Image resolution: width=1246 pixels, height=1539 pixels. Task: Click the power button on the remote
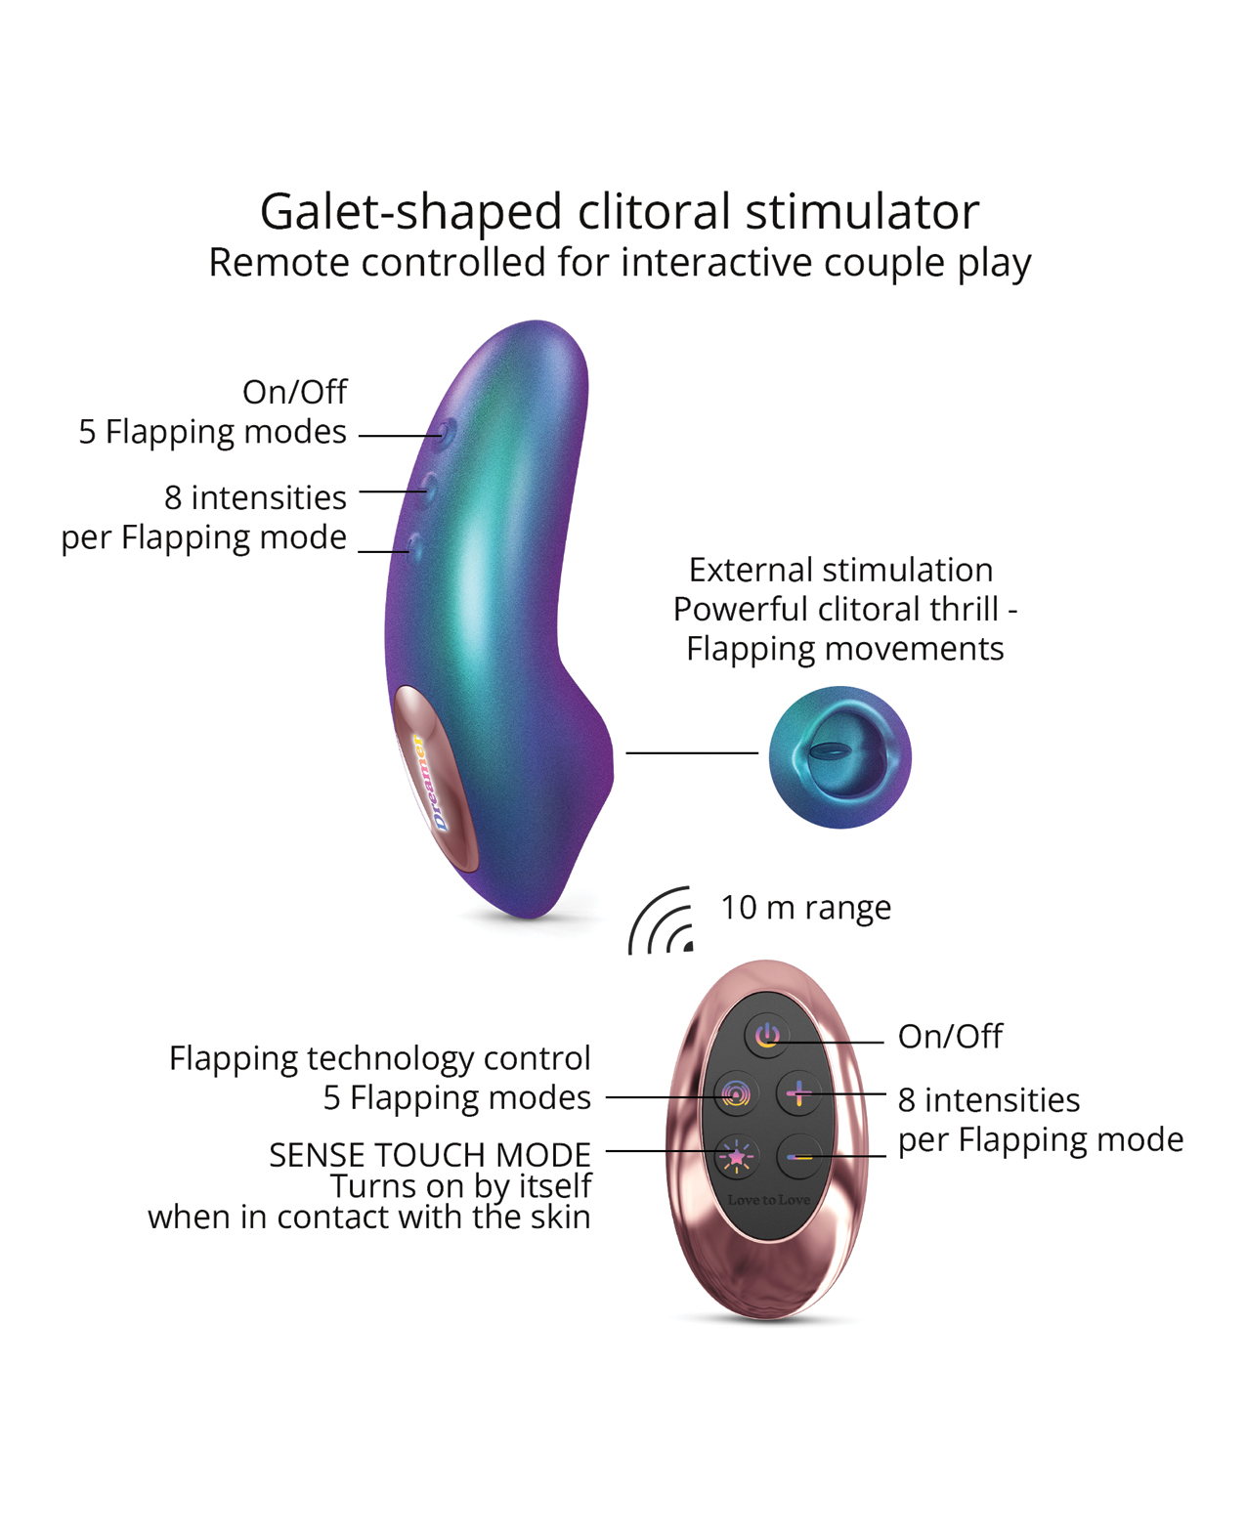pyautogui.click(x=767, y=1035)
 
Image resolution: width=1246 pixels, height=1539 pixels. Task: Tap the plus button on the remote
pyautogui.click(x=798, y=1093)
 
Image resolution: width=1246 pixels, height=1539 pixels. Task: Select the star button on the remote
pyautogui.click(x=736, y=1157)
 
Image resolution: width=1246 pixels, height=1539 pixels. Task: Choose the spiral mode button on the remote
pyautogui.click(x=736, y=1093)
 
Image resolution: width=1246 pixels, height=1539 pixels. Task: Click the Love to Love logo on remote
pyautogui.click(x=768, y=1200)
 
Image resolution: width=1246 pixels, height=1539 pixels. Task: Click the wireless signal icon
pyautogui.click(x=663, y=921)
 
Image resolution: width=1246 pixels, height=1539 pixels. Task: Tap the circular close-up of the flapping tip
pyautogui.click(x=839, y=757)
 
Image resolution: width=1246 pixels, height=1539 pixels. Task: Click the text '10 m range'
pyautogui.click(x=805, y=908)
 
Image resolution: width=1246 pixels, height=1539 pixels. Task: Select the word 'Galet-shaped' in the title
pyautogui.click(x=410, y=211)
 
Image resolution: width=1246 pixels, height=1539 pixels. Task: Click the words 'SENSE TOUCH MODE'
pyautogui.click(x=429, y=1155)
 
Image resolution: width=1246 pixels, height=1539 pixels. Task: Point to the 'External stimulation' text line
pyautogui.click(x=840, y=570)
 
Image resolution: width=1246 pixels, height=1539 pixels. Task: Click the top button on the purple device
pyautogui.click(x=446, y=430)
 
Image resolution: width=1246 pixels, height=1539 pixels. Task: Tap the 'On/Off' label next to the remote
pyautogui.click(x=949, y=1036)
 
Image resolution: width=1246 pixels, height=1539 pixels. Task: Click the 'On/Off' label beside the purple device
pyautogui.click(x=294, y=392)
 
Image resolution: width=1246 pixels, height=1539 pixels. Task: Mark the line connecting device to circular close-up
pyautogui.click(x=692, y=752)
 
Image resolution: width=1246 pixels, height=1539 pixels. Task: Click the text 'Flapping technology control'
pyautogui.click(x=379, y=1058)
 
